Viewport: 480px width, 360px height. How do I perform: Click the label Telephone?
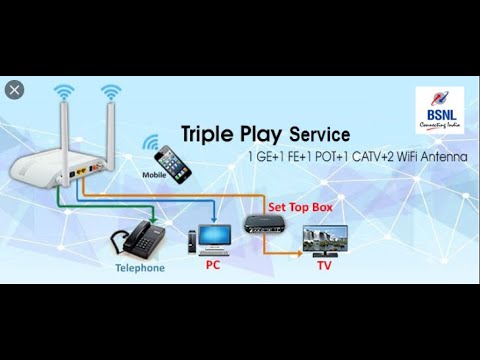tap(139, 268)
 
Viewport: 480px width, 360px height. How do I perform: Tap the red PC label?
tap(213, 265)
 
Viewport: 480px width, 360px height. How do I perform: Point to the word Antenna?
tap(442, 156)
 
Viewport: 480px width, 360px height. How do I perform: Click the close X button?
tap(14, 89)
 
